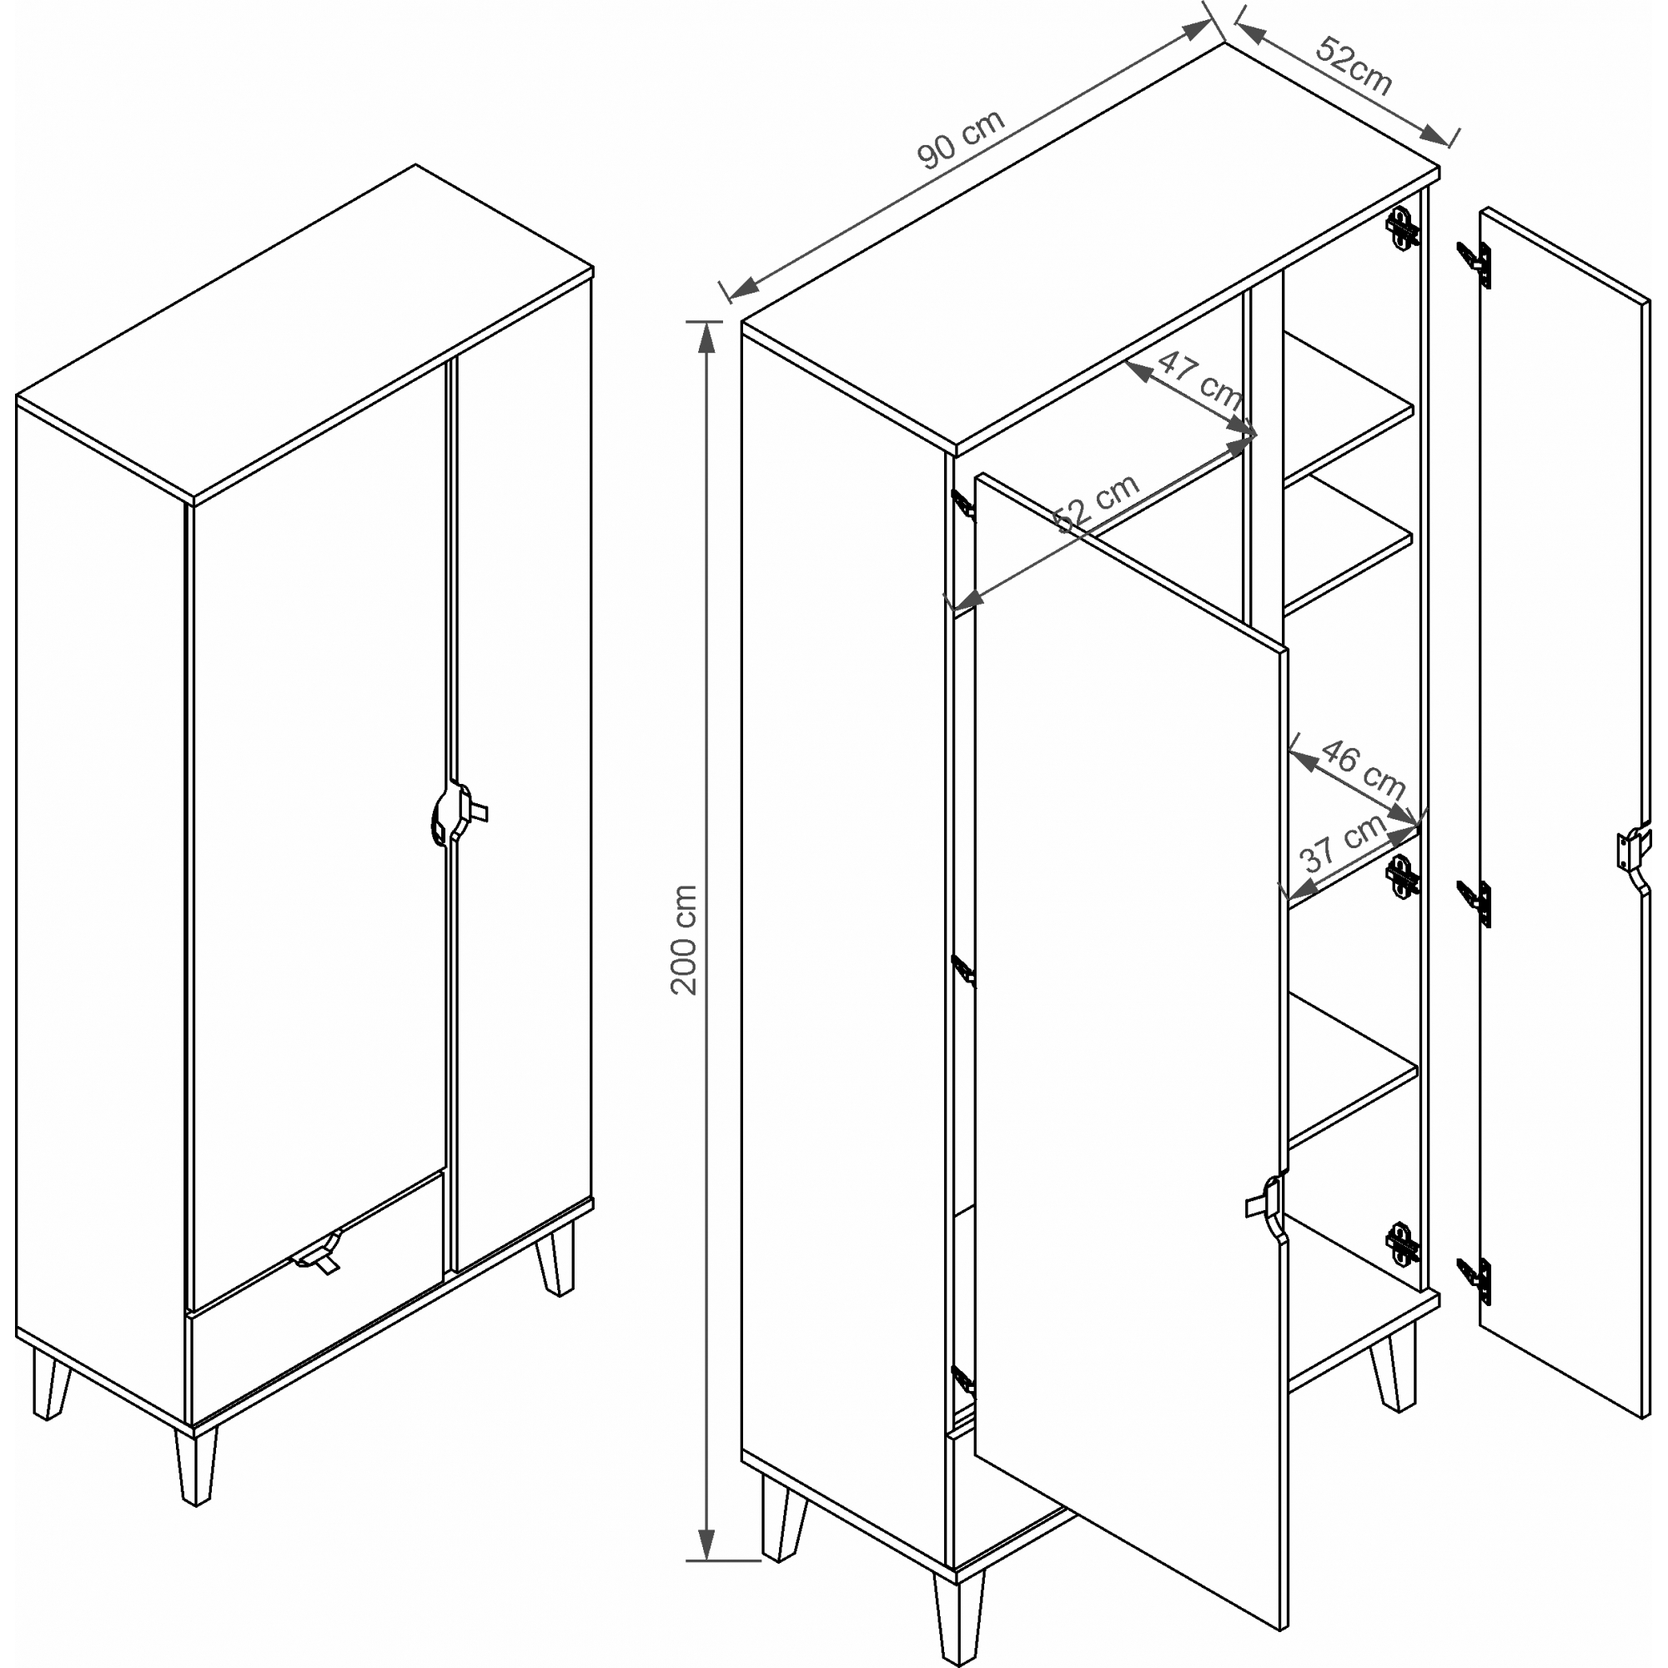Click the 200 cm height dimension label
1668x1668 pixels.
[x=685, y=939]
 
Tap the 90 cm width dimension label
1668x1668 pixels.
[x=961, y=139]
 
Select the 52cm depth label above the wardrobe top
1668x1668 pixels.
[x=1354, y=67]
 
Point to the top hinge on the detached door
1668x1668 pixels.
[x=1474, y=263]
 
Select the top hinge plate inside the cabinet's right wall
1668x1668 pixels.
[x=1402, y=227]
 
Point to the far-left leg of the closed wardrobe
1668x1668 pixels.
[x=51, y=1385]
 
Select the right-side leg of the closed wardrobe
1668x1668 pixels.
[x=555, y=1257]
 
